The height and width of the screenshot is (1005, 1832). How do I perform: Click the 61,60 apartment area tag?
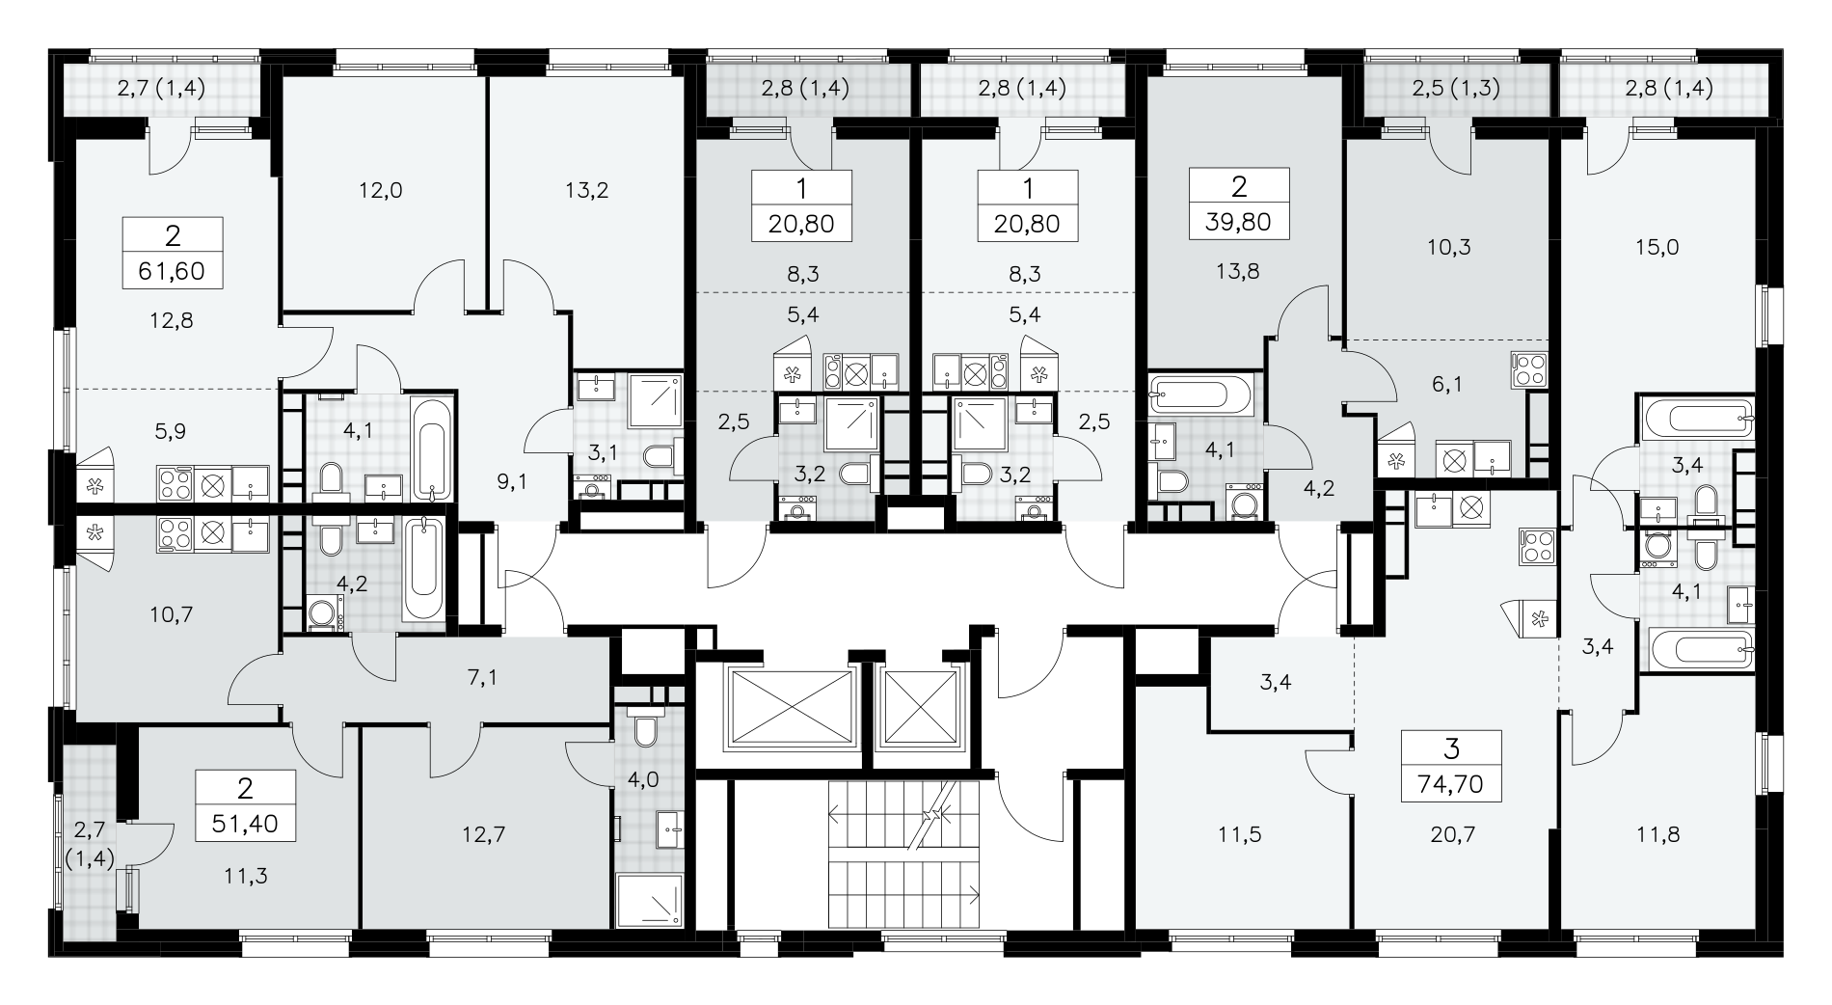174,253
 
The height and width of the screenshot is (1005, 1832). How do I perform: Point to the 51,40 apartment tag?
245,807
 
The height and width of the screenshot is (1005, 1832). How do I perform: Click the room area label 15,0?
1657,247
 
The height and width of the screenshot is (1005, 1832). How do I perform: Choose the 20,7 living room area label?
1449,834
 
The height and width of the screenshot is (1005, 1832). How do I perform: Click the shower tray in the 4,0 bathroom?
649,902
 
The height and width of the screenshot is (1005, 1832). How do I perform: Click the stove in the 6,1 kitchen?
1530,370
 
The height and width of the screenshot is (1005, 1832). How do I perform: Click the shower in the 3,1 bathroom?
657,403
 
